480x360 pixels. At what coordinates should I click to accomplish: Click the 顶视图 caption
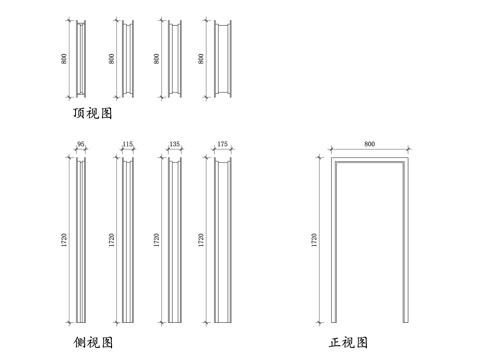tap(92, 113)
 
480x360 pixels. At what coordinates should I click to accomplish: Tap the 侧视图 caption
tap(93, 342)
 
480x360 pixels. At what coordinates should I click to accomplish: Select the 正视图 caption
tap(348, 342)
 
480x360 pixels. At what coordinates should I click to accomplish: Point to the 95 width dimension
tap(81, 144)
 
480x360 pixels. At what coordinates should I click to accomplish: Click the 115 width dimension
tap(128, 144)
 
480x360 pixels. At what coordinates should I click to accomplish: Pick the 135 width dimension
tap(175, 144)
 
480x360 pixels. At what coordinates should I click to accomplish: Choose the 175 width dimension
tap(222, 144)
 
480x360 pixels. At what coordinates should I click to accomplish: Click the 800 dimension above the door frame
tap(370, 144)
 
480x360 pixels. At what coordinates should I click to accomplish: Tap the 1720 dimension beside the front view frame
tap(314, 240)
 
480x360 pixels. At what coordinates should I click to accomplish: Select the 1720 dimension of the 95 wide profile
tap(64, 240)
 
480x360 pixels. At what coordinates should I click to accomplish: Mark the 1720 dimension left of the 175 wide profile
tap(201, 240)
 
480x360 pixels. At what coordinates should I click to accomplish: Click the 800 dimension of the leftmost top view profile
tap(64, 59)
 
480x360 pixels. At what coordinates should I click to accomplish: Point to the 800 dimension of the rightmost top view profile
tap(201, 59)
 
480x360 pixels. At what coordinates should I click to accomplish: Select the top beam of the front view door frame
tap(370, 159)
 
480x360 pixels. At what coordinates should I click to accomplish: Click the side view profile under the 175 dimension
tap(223, 240)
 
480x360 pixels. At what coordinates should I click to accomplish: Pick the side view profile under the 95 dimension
tap(81, 240)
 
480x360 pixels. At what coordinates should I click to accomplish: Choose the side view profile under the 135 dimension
tap(175, 240)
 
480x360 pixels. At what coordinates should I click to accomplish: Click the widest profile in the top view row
tap(223, 59)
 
